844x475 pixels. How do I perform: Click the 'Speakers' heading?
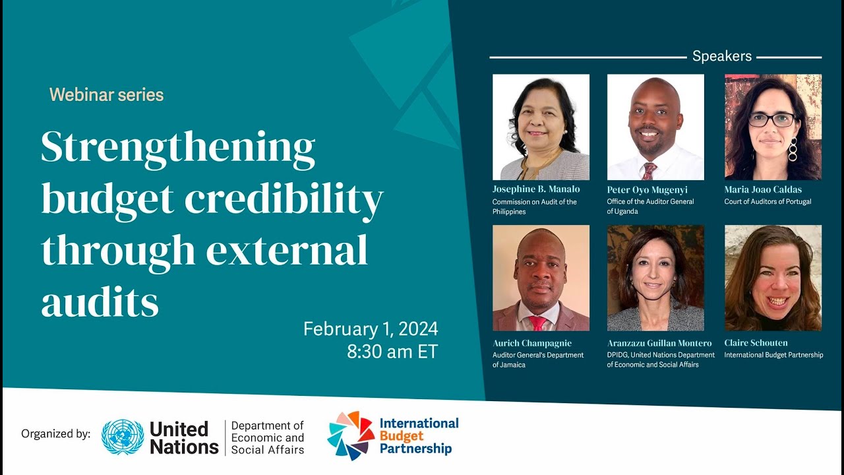pos(721,57)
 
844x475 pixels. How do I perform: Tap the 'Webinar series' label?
pos(106,95)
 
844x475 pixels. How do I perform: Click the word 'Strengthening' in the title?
pos(178,148)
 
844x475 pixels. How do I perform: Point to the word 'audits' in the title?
pos(100,301)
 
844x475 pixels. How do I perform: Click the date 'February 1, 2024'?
pos(371,329)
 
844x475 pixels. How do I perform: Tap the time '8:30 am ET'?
pos(392,352)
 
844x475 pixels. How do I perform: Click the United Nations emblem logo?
pos(123,437)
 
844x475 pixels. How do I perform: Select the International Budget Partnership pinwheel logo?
pos(351,435)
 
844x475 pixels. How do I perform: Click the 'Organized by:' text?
pos(55,434)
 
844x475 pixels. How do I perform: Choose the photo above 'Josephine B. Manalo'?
pos(541,127)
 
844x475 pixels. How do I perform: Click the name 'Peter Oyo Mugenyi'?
pos(647,190)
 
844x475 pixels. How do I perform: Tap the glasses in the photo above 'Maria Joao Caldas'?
pos(771,120)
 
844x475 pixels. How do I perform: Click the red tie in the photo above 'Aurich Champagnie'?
pos(538,323)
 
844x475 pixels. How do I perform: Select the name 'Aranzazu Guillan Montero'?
pos(659,343)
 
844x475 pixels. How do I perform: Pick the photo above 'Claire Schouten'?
pos(773,278)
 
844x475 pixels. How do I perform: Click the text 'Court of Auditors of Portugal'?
pos(768,202)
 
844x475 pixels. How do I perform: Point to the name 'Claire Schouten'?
pos(756,343)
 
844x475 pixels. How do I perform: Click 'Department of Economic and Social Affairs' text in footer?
pos(268,437)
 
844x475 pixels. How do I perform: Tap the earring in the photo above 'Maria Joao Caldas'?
pos(793,149)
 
